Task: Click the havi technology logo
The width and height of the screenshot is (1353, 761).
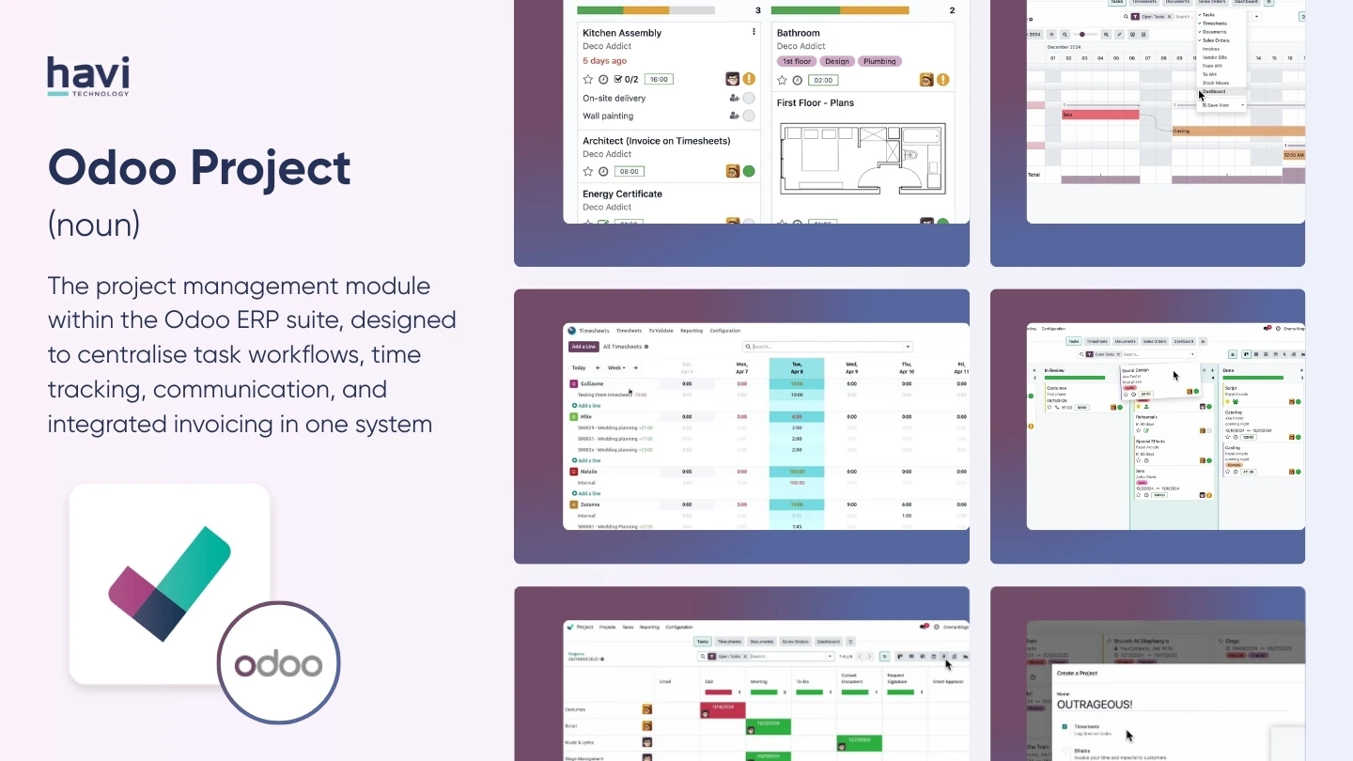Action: [x=88, y=76]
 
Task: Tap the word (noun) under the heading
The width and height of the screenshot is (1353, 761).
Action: [x=94, y=224]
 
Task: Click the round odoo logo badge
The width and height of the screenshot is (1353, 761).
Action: [x=278, y=663]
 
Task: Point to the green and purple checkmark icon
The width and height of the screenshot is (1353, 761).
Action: [x=170, y=583]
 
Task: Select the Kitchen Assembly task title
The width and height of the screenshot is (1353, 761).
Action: [x=622, y=33]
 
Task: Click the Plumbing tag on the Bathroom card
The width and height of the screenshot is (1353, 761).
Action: [x=879, y=61]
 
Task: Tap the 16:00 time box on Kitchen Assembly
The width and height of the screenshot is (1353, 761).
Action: [x=658, y=80]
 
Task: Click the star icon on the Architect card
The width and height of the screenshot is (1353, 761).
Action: [x=588, y=172]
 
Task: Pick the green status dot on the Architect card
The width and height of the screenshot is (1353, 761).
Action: [x=749, y=171]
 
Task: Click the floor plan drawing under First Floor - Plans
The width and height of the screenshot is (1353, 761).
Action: [x=861, y=160]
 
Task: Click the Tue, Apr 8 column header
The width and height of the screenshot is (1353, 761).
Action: [x=797, y=368]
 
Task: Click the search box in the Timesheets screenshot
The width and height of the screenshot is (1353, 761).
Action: [x=827, y=347]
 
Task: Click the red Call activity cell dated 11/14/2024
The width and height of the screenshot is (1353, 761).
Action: [x=723, y=710]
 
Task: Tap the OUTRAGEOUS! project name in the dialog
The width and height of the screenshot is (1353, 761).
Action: [x=1095, y=704]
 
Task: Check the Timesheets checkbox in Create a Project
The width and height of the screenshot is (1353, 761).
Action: [x=1065, y=726]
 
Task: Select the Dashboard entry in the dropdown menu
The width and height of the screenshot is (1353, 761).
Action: [x=1214, y=91]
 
